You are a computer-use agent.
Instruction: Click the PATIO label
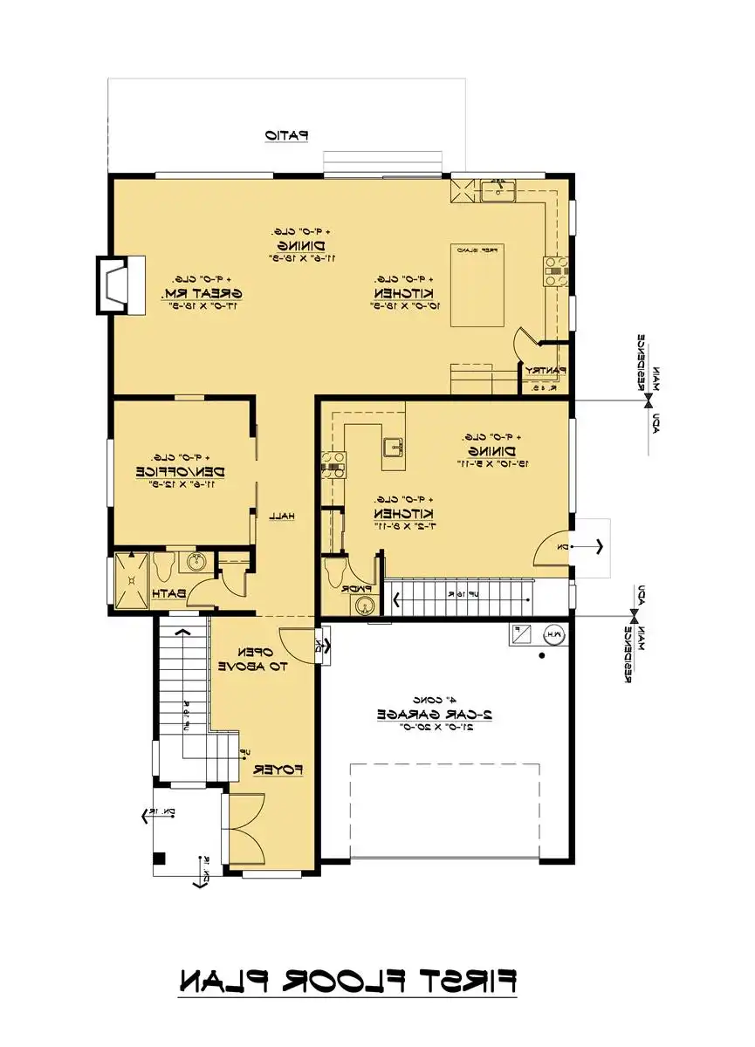(x=287, y=135)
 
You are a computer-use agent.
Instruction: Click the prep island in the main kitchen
(x=477, y=286)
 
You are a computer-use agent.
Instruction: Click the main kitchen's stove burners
(x=556, y=271)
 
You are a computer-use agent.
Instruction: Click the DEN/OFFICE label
(x=181, y=471)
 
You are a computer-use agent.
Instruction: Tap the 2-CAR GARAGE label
(x=435, y=713)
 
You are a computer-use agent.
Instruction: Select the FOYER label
(x=278, y=770)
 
